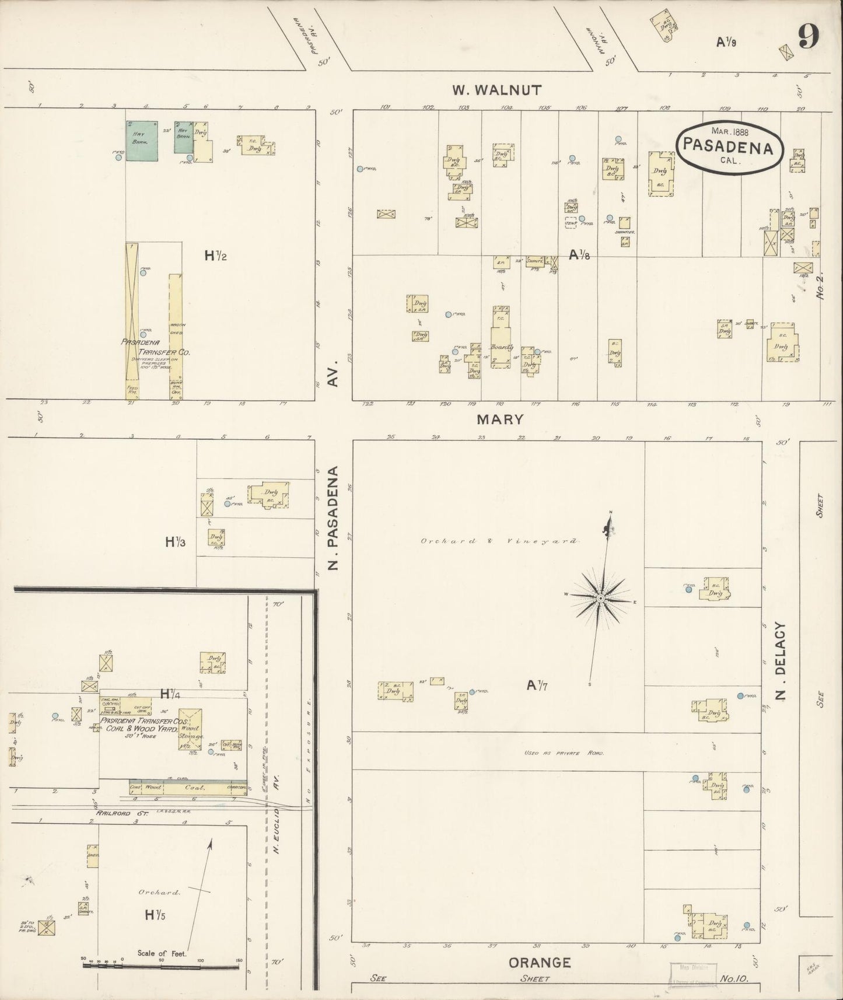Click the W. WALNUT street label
pyautogui.click(x=496, y=90)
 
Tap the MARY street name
pyautogui.click(x=500, y=419)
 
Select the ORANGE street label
pyautogui.click(x=540, y=963)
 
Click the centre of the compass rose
pyautogui.click(x=600, y=599)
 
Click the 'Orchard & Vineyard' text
pyautogui.click(x=499, y=541)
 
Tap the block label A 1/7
pyautogui.click(x=539, y=687)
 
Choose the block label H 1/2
pyautogui.click(x=215, y=255)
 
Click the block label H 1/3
pyautogui.click(x=175, y=542)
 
